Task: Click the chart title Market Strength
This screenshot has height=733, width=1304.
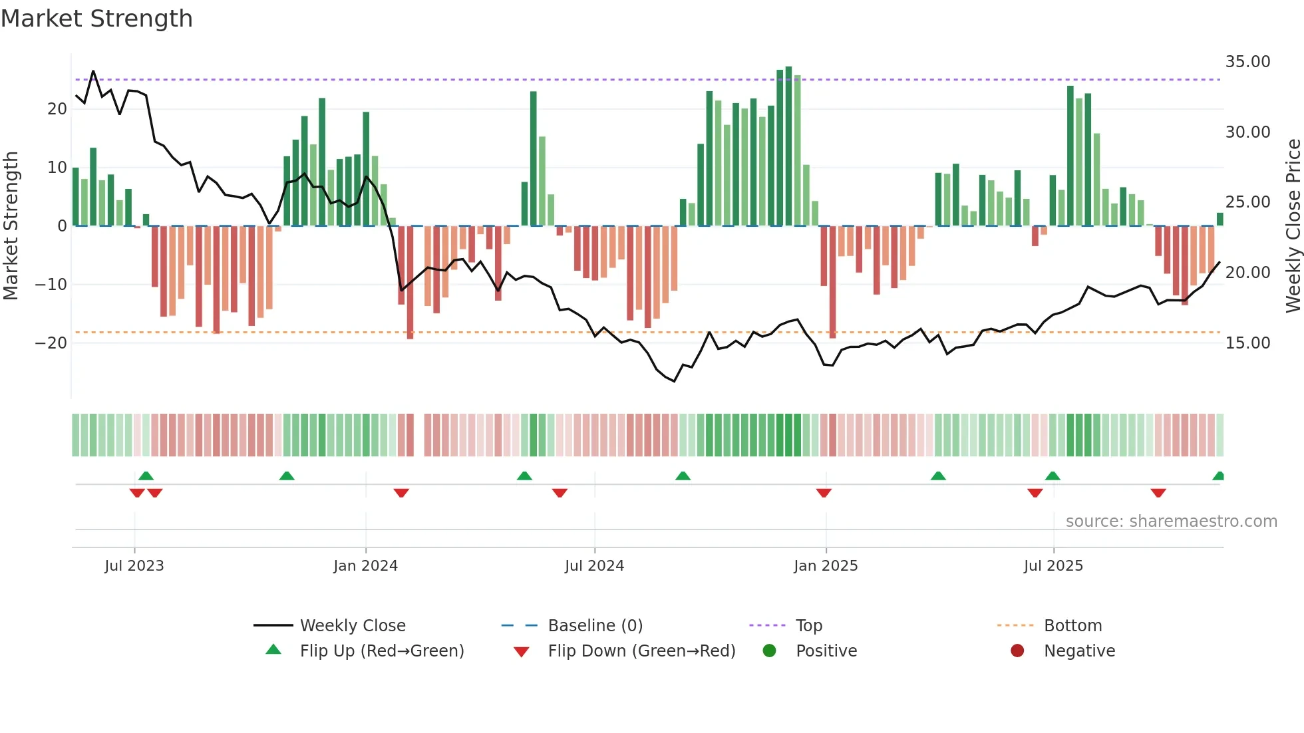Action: pos(96,19)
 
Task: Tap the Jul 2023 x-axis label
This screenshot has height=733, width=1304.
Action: pos(134,566)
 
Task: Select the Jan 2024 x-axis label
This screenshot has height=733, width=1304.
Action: pos(365,566)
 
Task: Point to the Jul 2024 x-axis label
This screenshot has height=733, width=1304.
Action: pos(594,566)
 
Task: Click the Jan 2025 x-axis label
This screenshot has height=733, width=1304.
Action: pos(826,566)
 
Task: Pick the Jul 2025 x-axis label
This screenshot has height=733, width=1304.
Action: pos(1053,566)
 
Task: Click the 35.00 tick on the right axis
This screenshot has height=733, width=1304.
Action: pos(1247,62)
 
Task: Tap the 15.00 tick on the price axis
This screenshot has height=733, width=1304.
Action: pos(1247,343)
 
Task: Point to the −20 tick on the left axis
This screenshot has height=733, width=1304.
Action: pos(51,343)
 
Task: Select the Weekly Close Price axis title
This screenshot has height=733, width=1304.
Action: pos(1293,226)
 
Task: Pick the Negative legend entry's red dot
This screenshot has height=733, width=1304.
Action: pos(1017,651)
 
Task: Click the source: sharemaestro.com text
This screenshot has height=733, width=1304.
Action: pos(1171,521)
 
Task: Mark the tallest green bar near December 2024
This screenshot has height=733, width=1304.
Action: pos(788,146)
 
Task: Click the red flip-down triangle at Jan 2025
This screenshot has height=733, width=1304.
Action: pos(824,493)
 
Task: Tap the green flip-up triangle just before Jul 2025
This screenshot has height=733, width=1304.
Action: pos(1053,476)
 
